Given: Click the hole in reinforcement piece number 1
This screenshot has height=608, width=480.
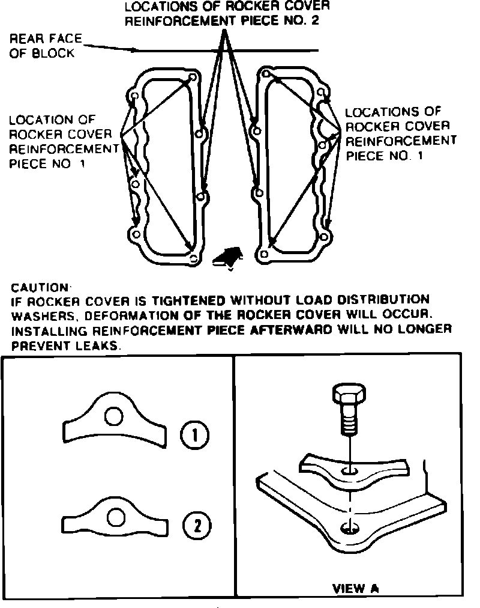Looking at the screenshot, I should point(112,416).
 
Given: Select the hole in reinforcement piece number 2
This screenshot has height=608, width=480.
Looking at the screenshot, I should point(116,516).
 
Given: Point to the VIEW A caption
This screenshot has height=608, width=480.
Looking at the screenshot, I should point(356,588).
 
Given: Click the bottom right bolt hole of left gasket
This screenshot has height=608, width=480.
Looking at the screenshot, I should point(193,260).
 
